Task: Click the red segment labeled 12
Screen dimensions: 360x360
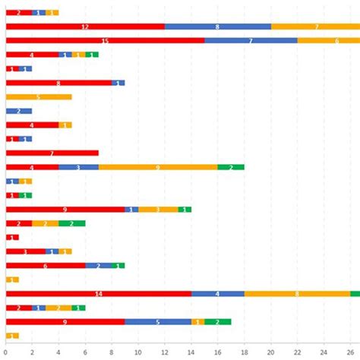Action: point(85,27)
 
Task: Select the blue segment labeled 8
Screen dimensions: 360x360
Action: point(217,27)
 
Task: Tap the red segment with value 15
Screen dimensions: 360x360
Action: point(105,40)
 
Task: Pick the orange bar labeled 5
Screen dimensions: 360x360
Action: point(39,96)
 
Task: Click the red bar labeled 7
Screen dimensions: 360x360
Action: point(52,153)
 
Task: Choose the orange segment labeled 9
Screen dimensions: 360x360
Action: point(157,167)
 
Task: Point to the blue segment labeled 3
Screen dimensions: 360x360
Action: point(78,167)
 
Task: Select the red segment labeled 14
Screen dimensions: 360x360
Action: point(98,293)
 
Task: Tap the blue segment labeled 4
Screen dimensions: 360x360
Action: point(217,293)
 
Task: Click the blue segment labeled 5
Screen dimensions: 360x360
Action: point(158,321)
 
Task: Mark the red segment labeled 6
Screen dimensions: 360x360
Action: point(46,265)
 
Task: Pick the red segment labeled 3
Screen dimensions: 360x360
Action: point(25,251)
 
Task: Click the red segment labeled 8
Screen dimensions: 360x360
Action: point(58,83)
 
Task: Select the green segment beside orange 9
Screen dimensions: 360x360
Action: point(230,167)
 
